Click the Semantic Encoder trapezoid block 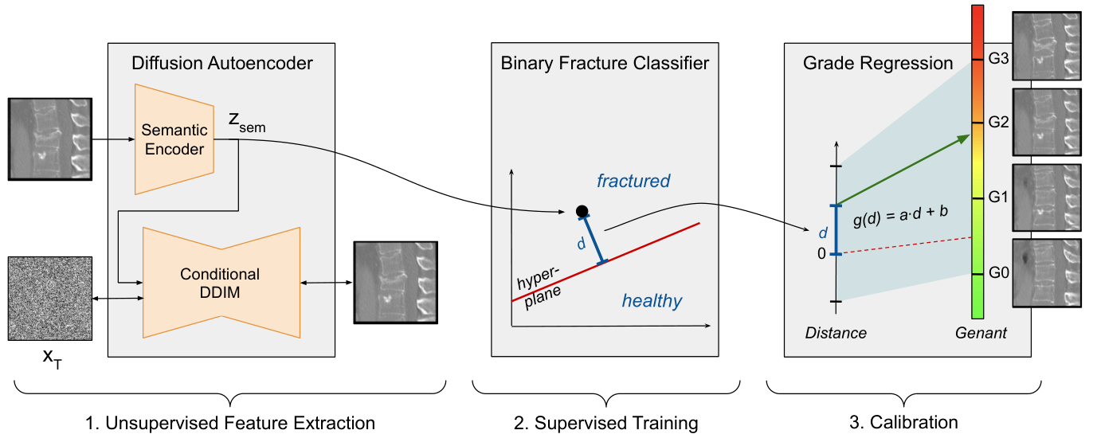pyautogui.click(x=174, y=139)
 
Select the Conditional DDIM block pyautogui.click(x=221, y=283)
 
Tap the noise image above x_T pyautogui.click(x=50, y=299)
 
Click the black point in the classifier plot pyautogui.click(x=582, y=211)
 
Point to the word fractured pyautogui.click(x=633, y=181)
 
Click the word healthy pyautogui.click(x=652, y=300)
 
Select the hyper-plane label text pyautogui.click(x=539, y=287)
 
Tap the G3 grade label pyautogui.click(x=998, y=59)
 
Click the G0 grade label pyautogui.click(x=998, y=272)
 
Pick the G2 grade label pyautogui.click(x=998, y=122)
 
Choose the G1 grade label pyautogui.click(x=998, y=197)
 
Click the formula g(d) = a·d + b pyautogui.click(x=900, y=215)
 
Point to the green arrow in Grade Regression pyautogui.click(x=903, y=170)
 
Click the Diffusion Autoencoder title pyautogui.click(x=221, y=63)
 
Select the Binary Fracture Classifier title pyautogui.click(x=605, y=63)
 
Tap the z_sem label pyautogui.click(x=247, y=123)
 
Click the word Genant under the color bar pyautogui.click(x=981, y=333)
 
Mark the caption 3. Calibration pyautogui.click(x=903, y=422)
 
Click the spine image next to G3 pyautogui.click(x=1047, y=46)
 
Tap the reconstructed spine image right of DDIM pyautogui.click(x=396, y=283)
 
